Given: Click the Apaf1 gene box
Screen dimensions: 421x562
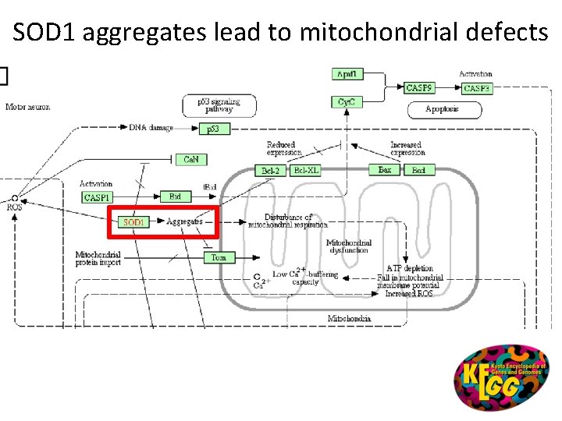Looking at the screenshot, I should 347,74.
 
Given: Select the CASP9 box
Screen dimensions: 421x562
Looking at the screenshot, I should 420,88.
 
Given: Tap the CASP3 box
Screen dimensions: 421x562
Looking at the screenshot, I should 476,88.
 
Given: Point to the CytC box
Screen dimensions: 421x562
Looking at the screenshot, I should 347,102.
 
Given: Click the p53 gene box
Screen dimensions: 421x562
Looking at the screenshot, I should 215,129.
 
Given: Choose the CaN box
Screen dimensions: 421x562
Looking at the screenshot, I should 190,159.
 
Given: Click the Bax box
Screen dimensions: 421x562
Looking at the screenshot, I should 385,170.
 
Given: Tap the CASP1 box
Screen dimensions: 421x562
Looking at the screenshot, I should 98,197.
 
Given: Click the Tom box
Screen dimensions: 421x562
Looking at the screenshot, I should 219,257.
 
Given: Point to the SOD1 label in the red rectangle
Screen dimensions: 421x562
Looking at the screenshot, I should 133,222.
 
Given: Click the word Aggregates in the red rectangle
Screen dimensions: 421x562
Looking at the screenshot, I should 184,221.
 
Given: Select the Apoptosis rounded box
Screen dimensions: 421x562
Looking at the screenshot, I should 442,109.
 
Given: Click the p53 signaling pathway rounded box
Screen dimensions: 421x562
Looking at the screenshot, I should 219,105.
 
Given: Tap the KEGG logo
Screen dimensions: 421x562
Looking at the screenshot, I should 501,377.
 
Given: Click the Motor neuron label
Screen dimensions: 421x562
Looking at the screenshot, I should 27,107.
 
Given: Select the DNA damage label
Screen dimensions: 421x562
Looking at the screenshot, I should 151,127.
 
